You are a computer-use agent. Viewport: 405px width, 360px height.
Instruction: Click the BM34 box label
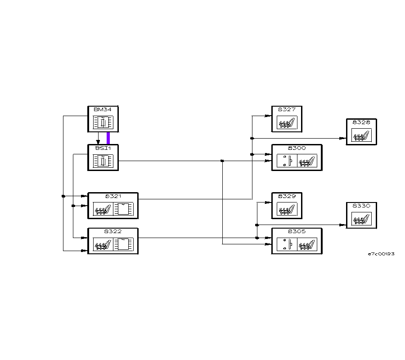99,110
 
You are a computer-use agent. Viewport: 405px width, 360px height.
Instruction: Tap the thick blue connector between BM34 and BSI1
108,138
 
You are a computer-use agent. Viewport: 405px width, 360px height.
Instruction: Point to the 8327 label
287,109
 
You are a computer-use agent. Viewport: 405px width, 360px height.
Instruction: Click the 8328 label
361,122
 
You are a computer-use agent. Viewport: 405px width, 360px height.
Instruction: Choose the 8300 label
297,148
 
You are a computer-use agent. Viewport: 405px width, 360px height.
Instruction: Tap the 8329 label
287,196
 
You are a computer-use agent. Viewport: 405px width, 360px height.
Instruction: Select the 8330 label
361,206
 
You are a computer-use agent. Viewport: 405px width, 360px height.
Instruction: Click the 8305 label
297,231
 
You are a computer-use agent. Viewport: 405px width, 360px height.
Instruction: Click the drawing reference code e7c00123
381,254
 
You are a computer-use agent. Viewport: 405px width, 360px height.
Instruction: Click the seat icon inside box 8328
361,135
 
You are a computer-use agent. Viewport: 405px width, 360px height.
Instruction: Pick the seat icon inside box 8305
307,244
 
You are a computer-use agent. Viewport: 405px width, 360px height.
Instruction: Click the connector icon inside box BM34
103,122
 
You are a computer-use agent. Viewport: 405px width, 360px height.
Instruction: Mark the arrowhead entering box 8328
343,138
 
